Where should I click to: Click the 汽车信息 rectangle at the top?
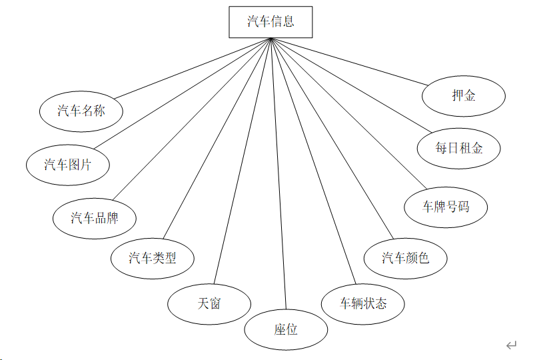click(270, 21)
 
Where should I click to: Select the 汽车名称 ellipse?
click(81, 111)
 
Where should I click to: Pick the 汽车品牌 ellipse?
click(95, 217)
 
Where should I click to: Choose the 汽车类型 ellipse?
click(153, 257)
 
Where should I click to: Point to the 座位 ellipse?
click(286, 329)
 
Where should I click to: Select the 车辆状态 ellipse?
click(363, 303)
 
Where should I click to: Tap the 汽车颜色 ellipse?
click(405, 257)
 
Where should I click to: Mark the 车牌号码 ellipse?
click(446, 207)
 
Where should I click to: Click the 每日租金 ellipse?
click(459, 147)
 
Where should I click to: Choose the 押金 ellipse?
click(464, 95)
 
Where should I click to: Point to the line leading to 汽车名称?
click(193, 68)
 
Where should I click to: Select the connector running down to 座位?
click(278, 173)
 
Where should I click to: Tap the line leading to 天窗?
click(243, 160)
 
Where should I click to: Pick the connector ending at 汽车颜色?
click(333, 140)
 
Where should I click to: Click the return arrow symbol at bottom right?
click(511, 345)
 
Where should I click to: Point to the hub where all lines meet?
click(270, 39)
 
